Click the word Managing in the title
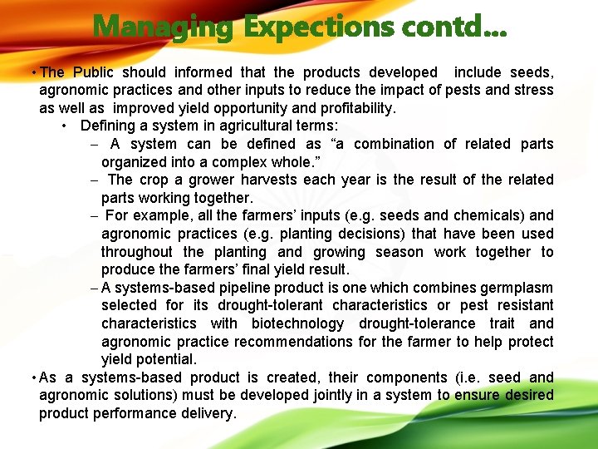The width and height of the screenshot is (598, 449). pos(164,27)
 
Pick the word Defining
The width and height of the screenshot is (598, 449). pos(110,126)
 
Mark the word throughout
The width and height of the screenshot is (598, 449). pos(137,252)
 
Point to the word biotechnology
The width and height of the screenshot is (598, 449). pos(297,323)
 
